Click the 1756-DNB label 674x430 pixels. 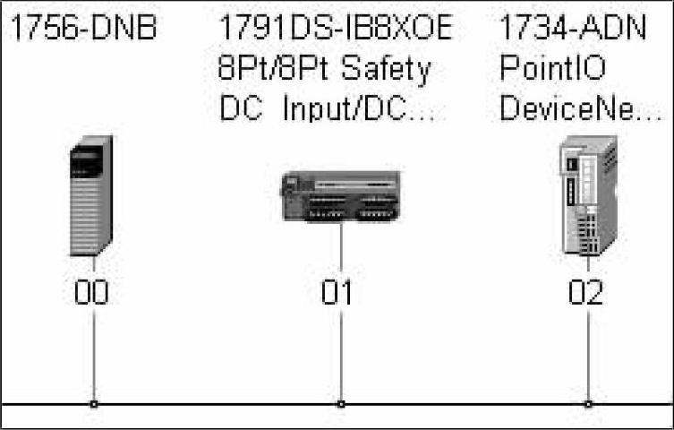pos(82,30)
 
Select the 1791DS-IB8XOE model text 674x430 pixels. pos(336,30)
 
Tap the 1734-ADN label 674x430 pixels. pos(572,30)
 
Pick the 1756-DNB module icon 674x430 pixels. pos(91,194)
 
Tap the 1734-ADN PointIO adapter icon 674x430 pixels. pos(587,195)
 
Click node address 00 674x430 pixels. pos(91,292)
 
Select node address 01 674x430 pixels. pos(337,292)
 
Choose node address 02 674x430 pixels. pos(586,292)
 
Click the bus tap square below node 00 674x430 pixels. pos(93,404)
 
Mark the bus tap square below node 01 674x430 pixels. pos(341,404)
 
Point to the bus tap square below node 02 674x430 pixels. pos(588,404)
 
